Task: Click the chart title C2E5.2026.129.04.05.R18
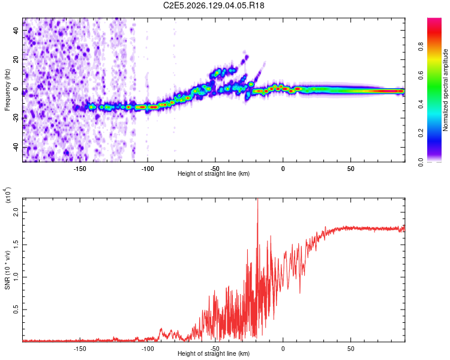point(214,5)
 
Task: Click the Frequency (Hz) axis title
point(7,90)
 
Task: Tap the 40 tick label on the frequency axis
point(16,30)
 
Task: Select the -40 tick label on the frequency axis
point(16,147)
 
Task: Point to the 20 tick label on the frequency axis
point(16,59)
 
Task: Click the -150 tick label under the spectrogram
point(79,169)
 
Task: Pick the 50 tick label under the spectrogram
point(351,169)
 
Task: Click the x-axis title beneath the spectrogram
point(214,173)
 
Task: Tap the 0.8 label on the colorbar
point(421,46)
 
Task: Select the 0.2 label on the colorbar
point(421,133)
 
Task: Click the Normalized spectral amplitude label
point(445,90)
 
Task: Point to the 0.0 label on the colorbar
point(421,162)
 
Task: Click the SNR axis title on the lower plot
point(7,270)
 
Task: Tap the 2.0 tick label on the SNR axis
point(16,212)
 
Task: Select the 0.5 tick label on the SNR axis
point(16,310)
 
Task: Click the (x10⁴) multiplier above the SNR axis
point(8,195)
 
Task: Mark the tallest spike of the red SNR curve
point(258,199)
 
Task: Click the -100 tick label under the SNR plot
point(147,349)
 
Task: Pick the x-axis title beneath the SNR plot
point(214,353)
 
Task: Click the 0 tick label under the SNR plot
point(283,349)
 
